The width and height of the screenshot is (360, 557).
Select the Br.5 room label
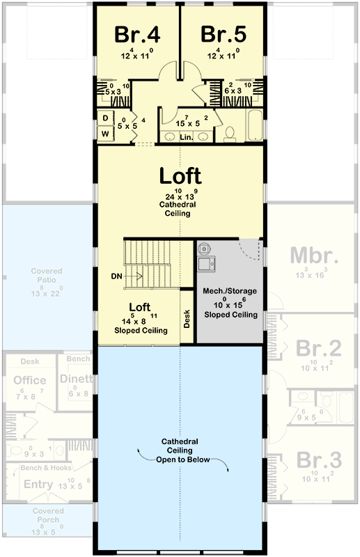pos(223,34)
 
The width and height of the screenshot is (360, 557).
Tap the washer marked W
pos(105,133)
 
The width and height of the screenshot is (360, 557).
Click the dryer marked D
pos(105,118)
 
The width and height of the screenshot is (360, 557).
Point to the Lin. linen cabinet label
pos(186,138)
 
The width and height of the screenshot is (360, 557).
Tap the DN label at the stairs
pos(117,276)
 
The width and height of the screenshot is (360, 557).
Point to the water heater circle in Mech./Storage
pos(204,247)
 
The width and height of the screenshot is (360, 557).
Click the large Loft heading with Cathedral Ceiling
pos(180,175)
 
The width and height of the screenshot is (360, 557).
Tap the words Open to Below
pos(181,460)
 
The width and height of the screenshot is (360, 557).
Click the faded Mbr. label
pos(314,255)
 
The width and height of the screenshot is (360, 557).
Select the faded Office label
pos(30,380)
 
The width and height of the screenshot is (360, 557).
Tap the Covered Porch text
pos(48,515)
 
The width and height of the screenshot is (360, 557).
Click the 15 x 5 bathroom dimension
pos(182,123)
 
